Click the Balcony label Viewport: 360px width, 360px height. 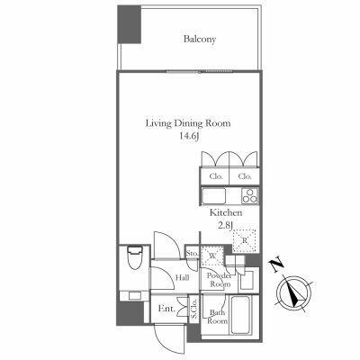[200, 40]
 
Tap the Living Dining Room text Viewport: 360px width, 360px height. [188, 123]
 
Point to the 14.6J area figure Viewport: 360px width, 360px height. [189, 137]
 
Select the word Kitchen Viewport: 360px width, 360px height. [226, 213]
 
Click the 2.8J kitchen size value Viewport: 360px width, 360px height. [226, 225]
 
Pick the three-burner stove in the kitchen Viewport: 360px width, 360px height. [249, 196]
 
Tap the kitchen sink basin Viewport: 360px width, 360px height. [213, 196]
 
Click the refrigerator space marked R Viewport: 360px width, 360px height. [245, 240]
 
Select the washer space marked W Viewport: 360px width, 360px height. [212, 256]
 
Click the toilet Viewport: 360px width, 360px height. [135, 257]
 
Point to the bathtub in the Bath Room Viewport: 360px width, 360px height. [240, 315]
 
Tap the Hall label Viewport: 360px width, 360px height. [183, 278]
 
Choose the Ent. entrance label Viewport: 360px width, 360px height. [166, 309]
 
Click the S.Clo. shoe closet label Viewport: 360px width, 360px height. [193, 308]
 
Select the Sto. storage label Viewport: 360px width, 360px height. [192, 254]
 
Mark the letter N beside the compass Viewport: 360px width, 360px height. [277, 265]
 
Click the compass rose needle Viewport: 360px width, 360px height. [294, 292]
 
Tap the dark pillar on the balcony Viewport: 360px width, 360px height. [129, 24]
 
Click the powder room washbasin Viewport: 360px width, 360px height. [247, 281]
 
